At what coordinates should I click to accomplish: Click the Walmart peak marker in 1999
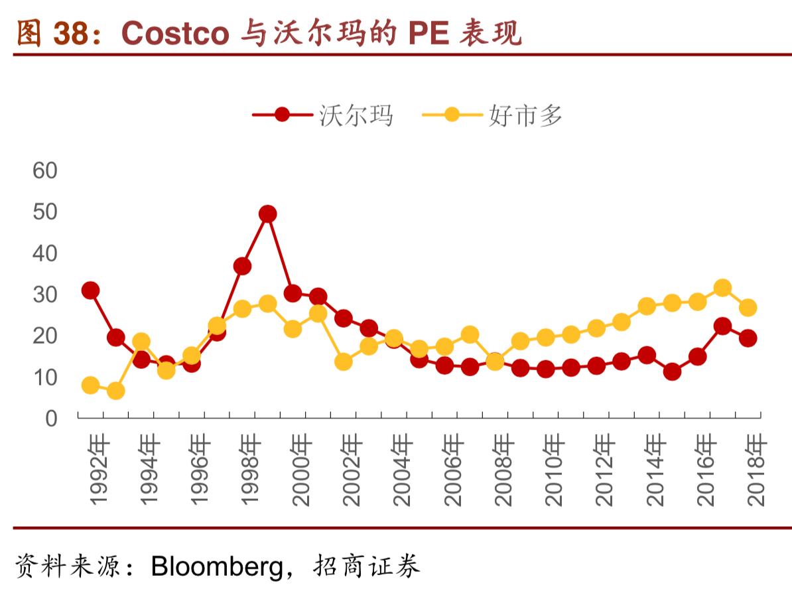(267, 214)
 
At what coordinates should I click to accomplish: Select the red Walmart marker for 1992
(91, 290)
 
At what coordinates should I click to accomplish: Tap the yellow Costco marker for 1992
(91, 385)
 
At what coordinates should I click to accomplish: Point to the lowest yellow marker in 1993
(116, 391)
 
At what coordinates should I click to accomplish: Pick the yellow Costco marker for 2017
(722, 288)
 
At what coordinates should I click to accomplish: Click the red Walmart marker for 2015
(672, 371)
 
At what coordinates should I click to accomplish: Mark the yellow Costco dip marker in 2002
(344, 362)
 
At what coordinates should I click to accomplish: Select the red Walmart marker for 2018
(748, 338)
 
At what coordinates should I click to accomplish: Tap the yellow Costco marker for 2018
(748, 307)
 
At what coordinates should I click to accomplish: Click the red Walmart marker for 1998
(242, 266)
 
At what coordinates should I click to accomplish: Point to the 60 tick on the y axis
(45, 170)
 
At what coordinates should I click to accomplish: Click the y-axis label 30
(45, 294)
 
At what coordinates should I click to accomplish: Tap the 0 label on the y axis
(52, 418)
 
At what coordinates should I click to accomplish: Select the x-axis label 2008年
(505, 470)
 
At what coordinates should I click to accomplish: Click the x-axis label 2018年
(757, 470)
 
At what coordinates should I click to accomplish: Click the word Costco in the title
(175, 34)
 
